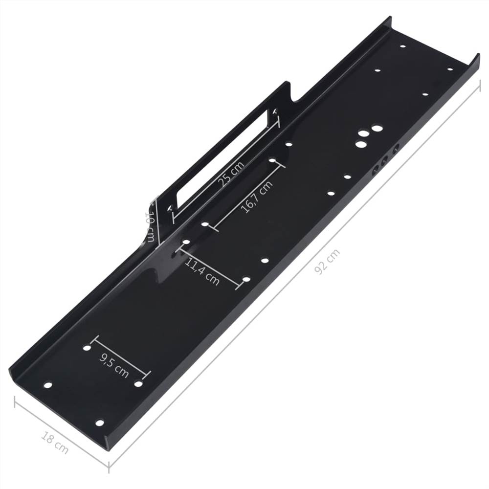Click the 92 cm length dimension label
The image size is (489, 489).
(x=327, y=262)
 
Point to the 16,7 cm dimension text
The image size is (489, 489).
(x=256, y=198)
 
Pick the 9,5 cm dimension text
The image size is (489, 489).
(x=114, y=365)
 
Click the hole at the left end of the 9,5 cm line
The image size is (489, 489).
(x=87, y=348)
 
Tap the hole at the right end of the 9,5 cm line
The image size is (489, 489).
(x=138, y=384)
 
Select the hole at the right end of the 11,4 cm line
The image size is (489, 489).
(x=246, y=280)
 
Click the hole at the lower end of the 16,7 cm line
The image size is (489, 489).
(x=205, y=224)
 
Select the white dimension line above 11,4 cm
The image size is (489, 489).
(x=211, y=264)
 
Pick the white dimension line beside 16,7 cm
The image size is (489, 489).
(x=247, y=196)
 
